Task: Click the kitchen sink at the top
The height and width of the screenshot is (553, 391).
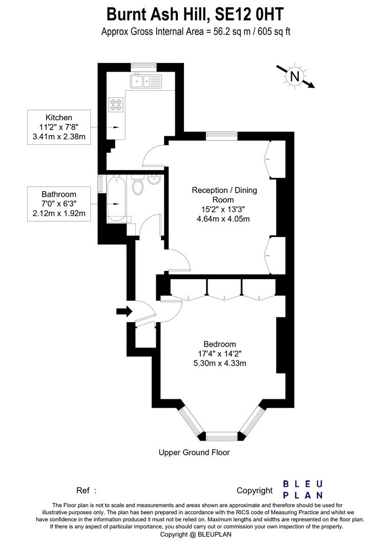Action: [x=146, y=80]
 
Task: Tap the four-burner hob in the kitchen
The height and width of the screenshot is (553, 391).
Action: [x=116, y=104]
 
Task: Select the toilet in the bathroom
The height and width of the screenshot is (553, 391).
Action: [x=137, y=186]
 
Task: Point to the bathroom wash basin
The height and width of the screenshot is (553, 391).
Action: [x=153, y=180]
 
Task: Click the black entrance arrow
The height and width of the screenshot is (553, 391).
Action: [x=124, y=311]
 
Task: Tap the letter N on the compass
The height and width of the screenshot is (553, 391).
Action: [x=295, y=77]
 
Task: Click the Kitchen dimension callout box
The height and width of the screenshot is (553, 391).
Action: [x=59, y=127]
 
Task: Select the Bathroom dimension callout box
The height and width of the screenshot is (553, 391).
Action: [x=59, y=204]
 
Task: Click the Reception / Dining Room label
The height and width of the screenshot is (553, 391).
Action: [x=224, y=195]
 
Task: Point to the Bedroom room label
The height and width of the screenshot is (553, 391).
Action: [x=219, y=344]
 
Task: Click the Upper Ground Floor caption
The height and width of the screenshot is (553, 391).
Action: [x=194, y=452]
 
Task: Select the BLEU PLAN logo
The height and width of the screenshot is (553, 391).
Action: [x=303, y=490]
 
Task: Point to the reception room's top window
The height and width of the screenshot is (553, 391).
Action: [x=221, y=136]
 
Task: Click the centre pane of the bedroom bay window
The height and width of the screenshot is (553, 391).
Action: [x=222, y=436]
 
